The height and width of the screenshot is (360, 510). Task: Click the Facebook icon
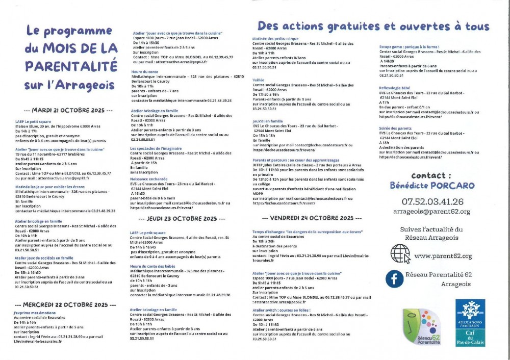click(393, 277)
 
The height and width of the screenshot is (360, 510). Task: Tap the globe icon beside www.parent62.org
click(400, 253)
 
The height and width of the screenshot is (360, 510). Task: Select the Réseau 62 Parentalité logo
click(421, 327)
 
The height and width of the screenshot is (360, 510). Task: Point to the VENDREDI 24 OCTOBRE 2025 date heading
click(308, 218)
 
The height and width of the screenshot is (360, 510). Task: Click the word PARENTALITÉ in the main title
click(70, 66)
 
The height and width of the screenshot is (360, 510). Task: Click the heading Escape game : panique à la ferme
click(409, 46)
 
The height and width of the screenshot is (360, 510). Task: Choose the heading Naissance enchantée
click(148, 180)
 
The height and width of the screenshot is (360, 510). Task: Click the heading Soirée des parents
click(395, 127)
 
